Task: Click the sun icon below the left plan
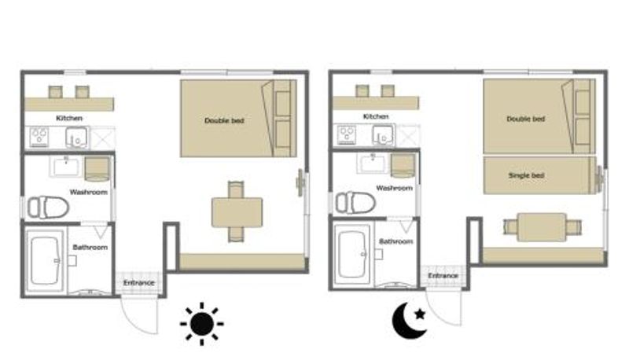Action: point(202,324)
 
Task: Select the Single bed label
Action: point(526,175)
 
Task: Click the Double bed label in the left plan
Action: point(224,121)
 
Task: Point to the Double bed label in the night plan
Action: point(525,119)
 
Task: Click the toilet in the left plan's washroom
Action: point(48,207)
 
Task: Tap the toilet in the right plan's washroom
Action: point(355,203)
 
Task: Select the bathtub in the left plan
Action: point(45,261)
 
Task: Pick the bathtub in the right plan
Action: point(351,255)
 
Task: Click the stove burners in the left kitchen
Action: point(39,136)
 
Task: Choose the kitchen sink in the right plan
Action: point(383,135)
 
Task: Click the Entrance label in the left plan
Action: point(139,283)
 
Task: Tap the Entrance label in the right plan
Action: point(443,276)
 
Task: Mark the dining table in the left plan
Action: point(237,212)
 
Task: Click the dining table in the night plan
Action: point(542,227)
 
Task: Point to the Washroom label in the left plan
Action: point(89,193)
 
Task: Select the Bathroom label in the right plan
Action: point(396,241)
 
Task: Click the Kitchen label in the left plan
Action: point(69,118)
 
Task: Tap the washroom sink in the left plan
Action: point(66,167)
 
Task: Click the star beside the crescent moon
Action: point(420,314)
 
